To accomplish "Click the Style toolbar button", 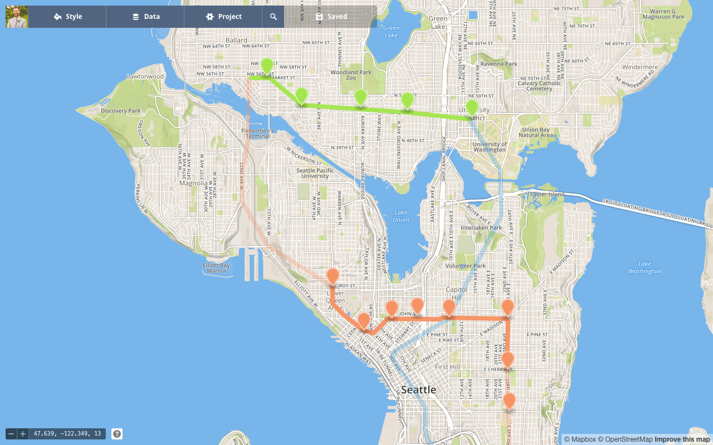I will (67, 17).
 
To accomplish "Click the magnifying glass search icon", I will (274, 17).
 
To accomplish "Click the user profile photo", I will (17, 17).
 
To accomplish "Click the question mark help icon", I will (117, 434).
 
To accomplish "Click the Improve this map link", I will (683, 439).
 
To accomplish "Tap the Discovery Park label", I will (121, 111).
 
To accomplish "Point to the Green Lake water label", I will (391, 31).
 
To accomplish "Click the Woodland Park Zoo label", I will (351, 75).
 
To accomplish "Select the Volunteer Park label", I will (465, 266).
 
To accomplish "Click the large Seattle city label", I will (419, 390).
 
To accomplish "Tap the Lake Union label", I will (401, 216).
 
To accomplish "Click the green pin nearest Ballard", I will (267, 66).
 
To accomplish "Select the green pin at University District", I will (472, 107).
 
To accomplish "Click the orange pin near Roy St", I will (333, 276).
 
